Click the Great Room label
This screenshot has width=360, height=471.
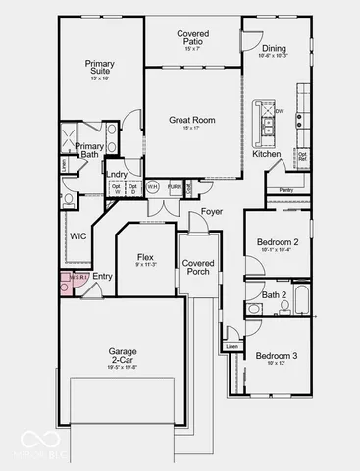[193, 121]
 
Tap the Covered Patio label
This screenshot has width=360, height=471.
[193, 38]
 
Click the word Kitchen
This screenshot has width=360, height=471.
[267, 154]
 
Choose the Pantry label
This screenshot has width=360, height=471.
[287, 189]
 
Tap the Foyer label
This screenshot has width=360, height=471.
[212, 212]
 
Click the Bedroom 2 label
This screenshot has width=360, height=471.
[277, 240]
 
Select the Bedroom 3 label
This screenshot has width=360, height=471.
[276, 355]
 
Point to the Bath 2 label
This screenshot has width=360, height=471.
[275, 294]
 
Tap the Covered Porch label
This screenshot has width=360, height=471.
[199, 268]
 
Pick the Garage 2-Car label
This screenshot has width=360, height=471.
[122, 355]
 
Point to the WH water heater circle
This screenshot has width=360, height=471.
[153, 186]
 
